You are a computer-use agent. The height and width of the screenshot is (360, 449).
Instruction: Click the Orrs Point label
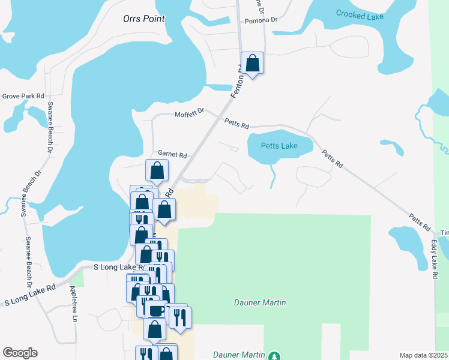coord(143,19)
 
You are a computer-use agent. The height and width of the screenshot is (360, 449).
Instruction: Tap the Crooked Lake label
coord(360,15)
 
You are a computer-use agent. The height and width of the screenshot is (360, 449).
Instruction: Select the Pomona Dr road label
coord(261,20)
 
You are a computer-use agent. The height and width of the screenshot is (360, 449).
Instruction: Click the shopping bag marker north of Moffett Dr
coord(253,62)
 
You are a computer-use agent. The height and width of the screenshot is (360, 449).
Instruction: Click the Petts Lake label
coord(280,146)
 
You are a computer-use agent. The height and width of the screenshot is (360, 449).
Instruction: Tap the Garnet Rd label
coord(172,154)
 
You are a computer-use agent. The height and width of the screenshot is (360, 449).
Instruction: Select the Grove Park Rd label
coord(23,96)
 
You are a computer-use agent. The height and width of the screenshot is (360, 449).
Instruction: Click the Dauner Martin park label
coord(259,302)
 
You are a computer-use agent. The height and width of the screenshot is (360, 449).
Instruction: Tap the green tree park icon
coord(274,356)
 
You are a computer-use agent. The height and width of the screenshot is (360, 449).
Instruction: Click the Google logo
coord(20,353)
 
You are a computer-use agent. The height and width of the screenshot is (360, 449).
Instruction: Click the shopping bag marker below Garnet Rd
coord(156,171)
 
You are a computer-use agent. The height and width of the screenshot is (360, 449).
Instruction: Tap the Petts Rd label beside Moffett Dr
coord(237,124)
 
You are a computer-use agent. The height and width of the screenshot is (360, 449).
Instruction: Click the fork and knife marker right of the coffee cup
coord(180,316)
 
